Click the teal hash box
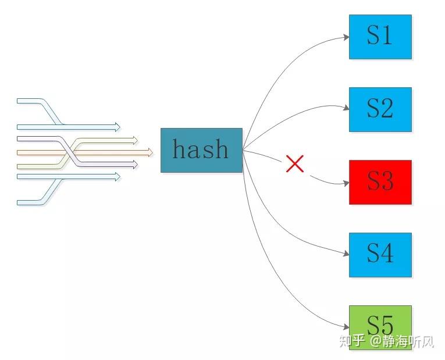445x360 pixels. [201, 150]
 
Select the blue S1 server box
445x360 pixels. [380, 37]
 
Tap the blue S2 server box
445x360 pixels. [380, 109]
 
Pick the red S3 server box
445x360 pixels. [380, 182]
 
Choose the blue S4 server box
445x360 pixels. [380, 255]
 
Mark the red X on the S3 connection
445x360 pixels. [295, 164]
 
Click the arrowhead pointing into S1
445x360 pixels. [346, 37]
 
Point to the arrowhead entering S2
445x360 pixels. [346, 108]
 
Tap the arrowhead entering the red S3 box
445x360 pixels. [346, 183]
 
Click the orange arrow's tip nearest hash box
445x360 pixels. [151, 152]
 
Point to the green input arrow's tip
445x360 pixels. [136, 140]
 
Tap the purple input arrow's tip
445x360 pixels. [136, 165]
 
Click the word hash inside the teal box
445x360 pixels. [201, 149]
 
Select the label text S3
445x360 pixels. [380, 182]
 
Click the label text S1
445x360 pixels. [380, 36]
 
